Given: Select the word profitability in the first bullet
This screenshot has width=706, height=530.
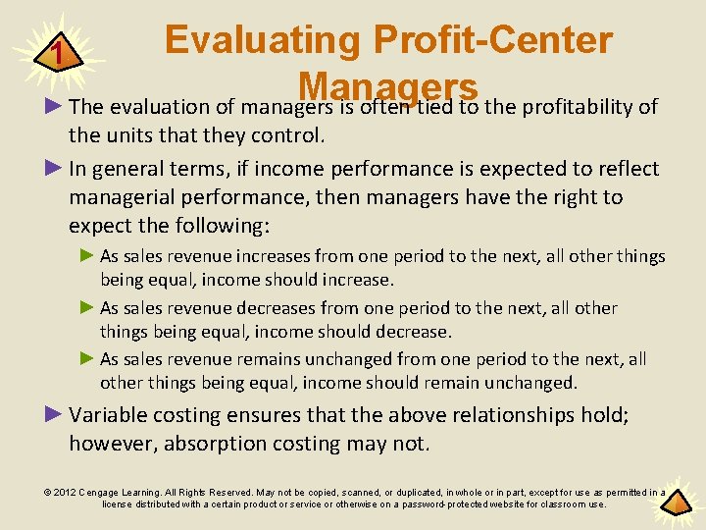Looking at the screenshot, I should coord(582,106).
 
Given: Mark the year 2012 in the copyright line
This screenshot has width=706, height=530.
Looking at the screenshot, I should coord(64,492).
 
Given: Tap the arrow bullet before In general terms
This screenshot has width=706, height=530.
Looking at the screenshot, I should coord(55,168).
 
